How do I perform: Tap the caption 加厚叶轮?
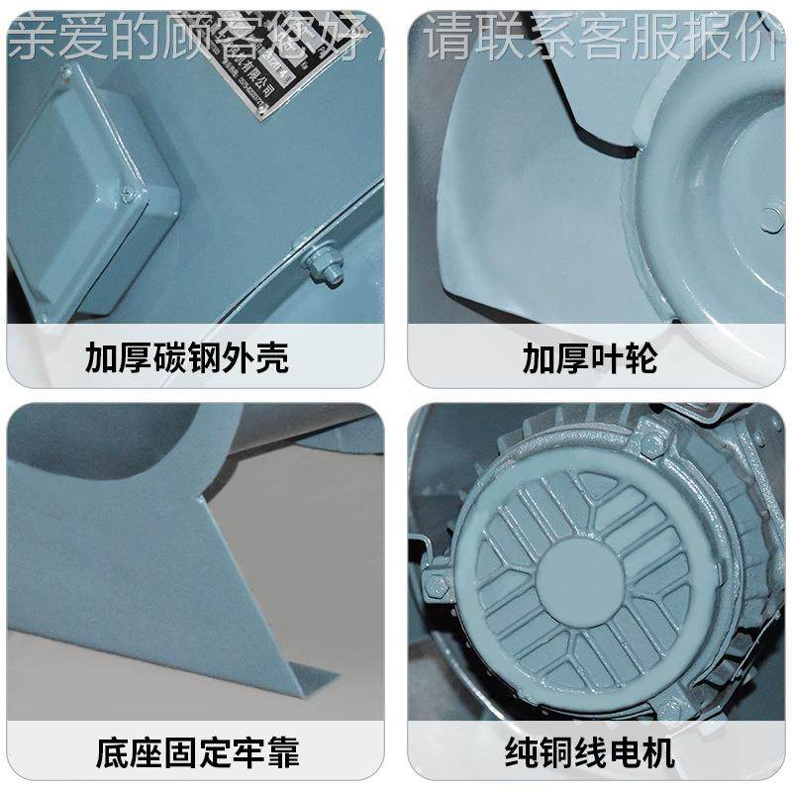pos(590,357)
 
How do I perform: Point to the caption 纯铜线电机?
pos(590,751)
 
